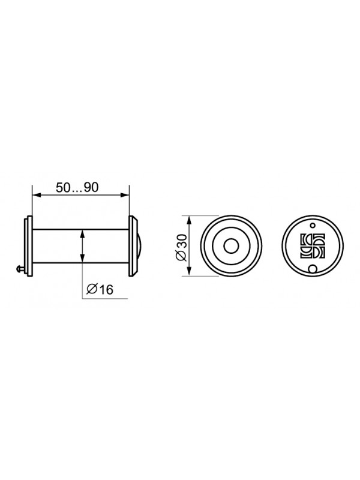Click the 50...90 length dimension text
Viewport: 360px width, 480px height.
[x=77, y=187]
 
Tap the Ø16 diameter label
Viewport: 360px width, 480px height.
[x=100, y=289]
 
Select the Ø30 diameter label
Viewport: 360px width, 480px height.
[x=181, y=247]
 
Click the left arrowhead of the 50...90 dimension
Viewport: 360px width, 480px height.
[x=37, y=195]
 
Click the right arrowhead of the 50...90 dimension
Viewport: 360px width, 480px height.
[x=125, y=195]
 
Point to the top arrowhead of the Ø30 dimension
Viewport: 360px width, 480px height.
[x=190, y=220]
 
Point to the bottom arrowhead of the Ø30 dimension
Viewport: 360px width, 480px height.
[x=190, y=271]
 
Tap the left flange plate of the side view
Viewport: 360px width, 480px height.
[x=28, y=247]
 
